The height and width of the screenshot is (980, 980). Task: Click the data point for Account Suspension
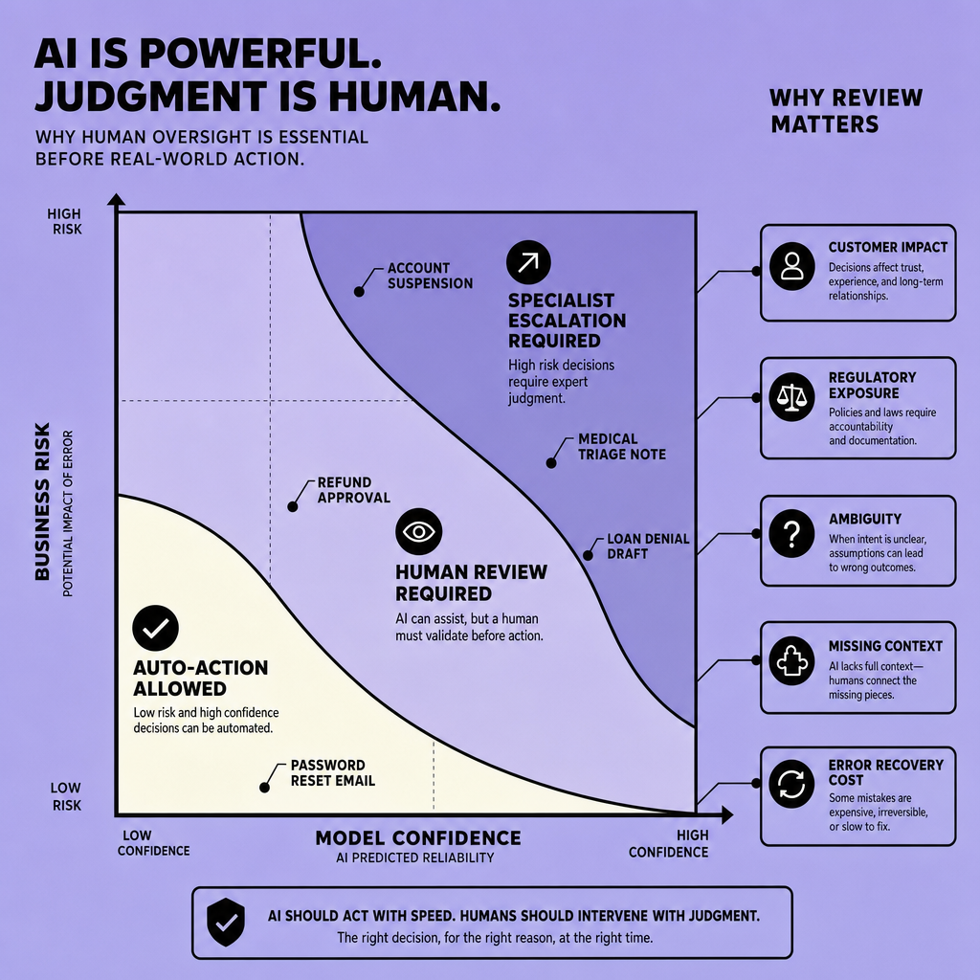point(360,292)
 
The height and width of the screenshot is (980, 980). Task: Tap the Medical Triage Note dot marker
point(551,463)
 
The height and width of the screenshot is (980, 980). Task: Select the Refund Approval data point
point(293,507)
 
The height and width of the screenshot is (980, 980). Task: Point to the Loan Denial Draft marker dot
point(589,555)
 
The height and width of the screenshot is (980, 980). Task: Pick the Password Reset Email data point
point(264,788)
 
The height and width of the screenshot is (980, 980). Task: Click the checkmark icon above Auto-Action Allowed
point(156,628)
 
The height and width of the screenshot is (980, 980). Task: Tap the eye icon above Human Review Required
point(419,532)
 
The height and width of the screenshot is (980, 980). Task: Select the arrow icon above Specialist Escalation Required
point(528,262)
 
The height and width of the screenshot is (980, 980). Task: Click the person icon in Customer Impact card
point(791,266)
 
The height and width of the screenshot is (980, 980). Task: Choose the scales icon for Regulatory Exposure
point(791,397)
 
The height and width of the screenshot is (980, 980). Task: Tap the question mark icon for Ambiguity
point(791,534)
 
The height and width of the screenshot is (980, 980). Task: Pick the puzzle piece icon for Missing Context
point(791,661)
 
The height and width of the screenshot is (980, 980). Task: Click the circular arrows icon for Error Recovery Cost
point(791,784)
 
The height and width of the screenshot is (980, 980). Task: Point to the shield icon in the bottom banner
point(226,923)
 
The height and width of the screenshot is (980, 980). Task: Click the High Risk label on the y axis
point(64,222)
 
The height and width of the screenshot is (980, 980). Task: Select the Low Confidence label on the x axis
point(154,843)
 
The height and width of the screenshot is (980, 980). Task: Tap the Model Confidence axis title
point(418,838)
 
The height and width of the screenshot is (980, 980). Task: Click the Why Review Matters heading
point(846,111)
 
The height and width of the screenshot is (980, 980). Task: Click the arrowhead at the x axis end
point(727,815)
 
